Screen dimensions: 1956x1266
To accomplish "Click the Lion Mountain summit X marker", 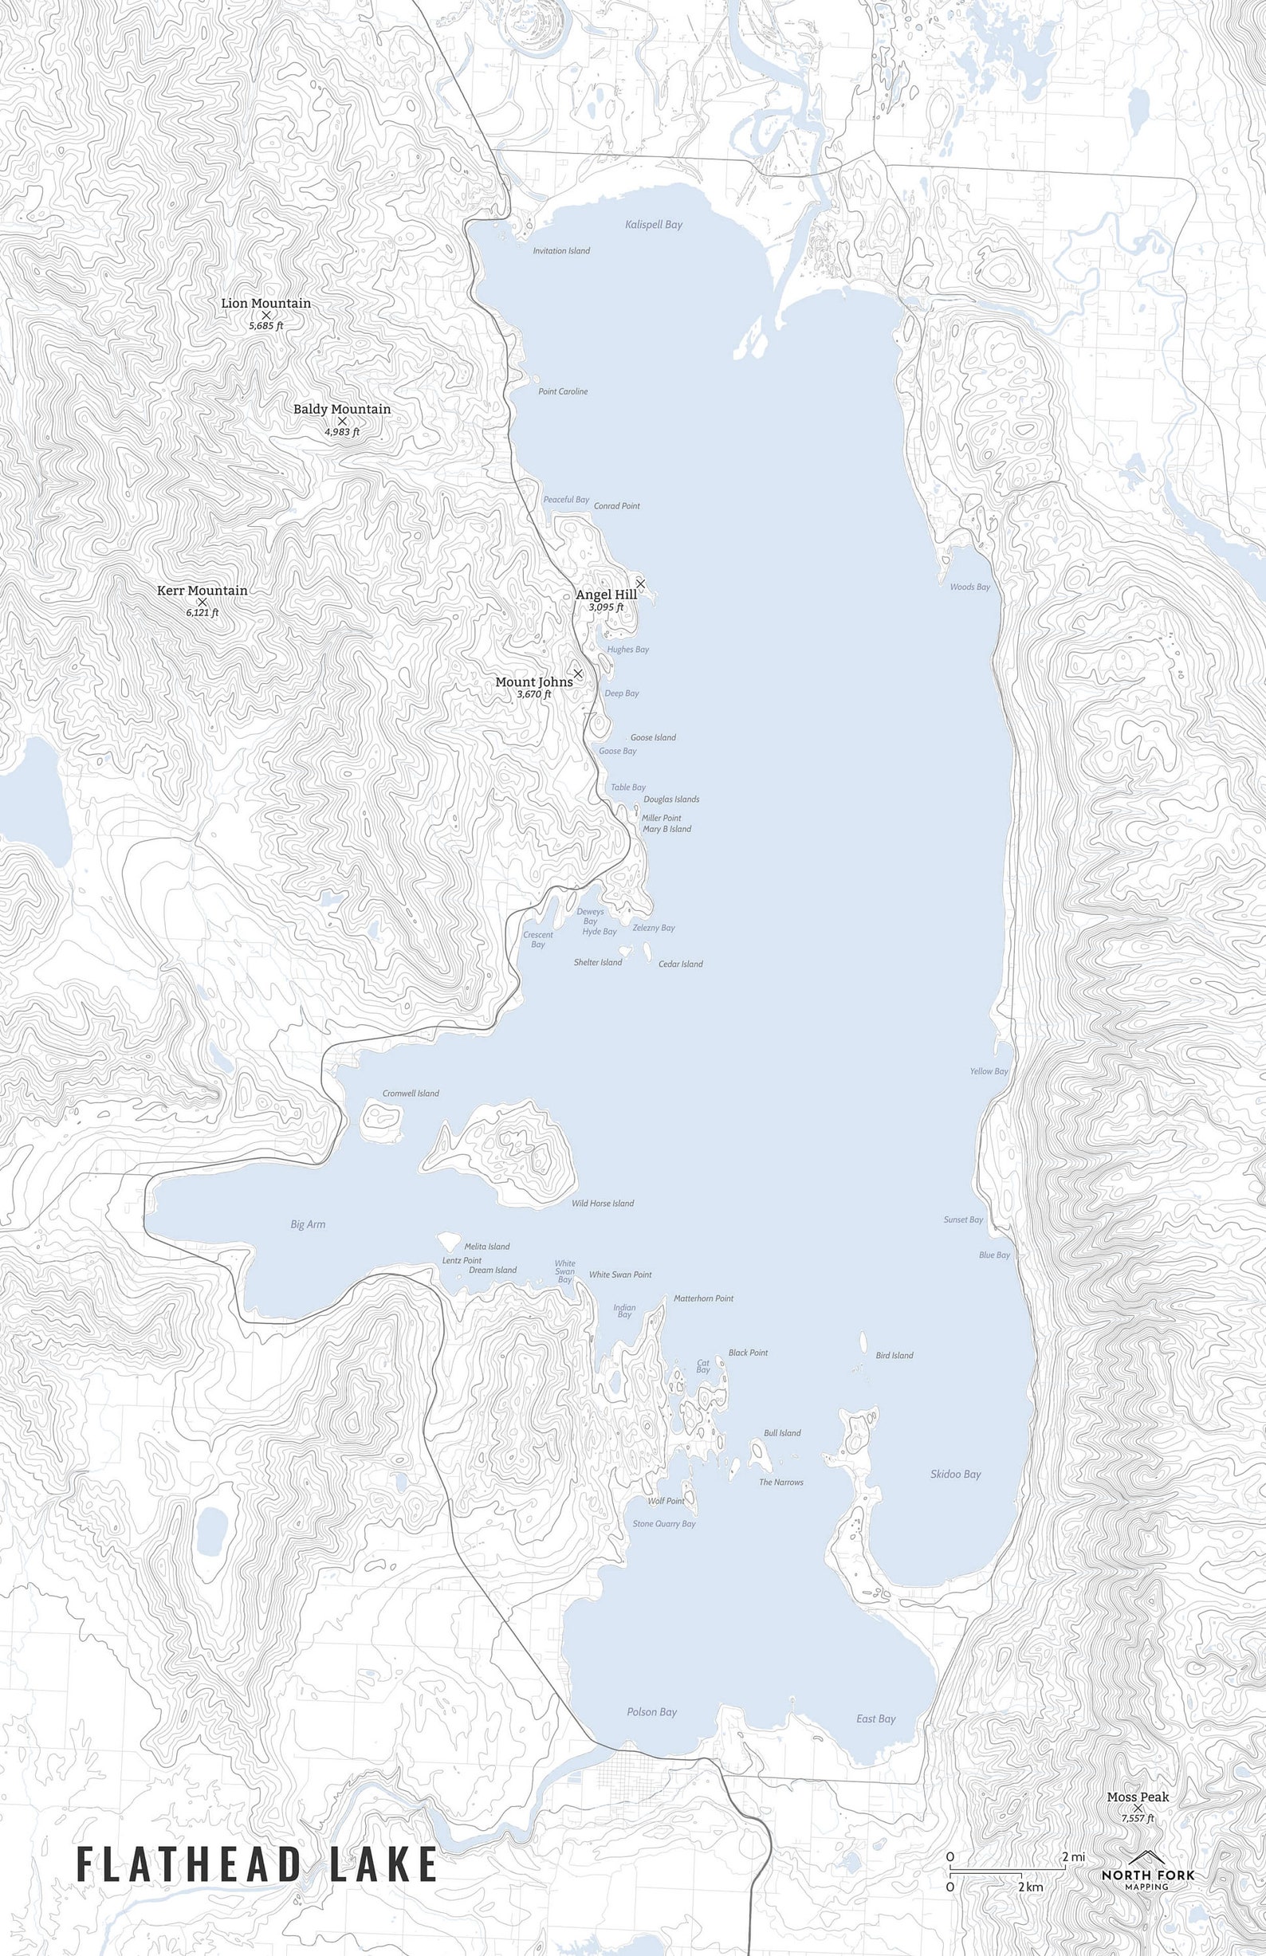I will pos(265,315).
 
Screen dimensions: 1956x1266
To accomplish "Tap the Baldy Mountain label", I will pos(342,409).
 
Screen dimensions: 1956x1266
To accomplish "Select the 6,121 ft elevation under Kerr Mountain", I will pos(202,613).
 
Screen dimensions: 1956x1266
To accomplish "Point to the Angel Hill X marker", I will pos(640,583).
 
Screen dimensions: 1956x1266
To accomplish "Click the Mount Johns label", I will pos(533,682).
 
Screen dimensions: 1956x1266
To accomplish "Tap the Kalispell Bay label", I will pos(654,224).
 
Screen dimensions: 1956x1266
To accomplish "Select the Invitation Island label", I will pos(560,250).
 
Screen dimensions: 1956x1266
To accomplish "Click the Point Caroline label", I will pos(562,391).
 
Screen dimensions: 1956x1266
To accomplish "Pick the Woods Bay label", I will pos(969,587).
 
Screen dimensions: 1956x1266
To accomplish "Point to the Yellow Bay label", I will pos(988,1072).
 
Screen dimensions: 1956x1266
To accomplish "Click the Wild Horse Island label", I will pos(603,1204).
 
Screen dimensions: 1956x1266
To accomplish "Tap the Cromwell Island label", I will pos(411,1093).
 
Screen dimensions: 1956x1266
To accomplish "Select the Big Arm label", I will pos(308,1224).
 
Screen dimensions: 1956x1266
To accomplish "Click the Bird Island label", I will pos(894,1355).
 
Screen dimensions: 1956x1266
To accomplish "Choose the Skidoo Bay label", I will pos(955,1475).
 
